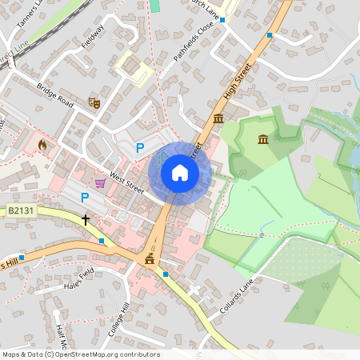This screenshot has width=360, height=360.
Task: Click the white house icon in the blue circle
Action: [180, 173]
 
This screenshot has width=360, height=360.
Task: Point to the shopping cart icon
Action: [100, 183]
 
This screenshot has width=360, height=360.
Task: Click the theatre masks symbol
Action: [94, 102]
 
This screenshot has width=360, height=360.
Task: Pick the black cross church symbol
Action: [86, 218]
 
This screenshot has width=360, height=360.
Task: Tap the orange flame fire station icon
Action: [42, 145]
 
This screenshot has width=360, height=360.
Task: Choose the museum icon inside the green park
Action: [263, 141]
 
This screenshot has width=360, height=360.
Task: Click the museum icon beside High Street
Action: [219, 119]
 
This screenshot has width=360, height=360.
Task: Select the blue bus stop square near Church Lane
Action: [270, 36]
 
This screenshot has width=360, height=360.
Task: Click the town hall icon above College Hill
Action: [149, 259]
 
